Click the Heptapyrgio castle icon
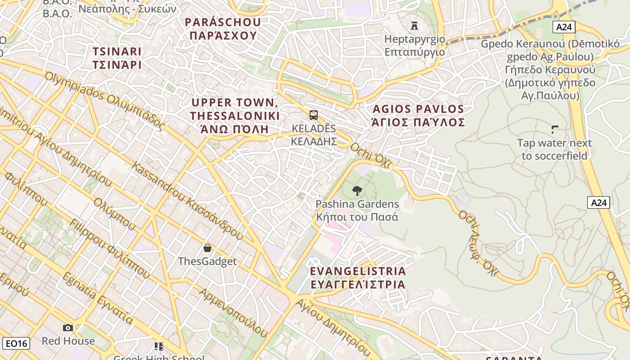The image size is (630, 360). (x=414, y=25)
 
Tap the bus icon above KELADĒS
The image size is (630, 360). (x=314, y=115)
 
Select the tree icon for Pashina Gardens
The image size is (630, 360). (x=357, y=191)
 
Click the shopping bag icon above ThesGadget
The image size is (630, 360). (x=207, y=248)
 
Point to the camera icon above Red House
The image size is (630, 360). (x=68, y=328)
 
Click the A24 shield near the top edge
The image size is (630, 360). (x=563, y=27)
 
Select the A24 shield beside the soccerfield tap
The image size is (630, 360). (x=598, y=203)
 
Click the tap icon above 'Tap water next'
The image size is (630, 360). (x=555, y=130)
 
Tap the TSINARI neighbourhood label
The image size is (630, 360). (x=117, y=58)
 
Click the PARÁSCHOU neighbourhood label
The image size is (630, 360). (x=223, y=29)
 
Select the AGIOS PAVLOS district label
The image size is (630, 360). (x=418, y=116)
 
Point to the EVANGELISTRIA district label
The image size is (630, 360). (x=358, y=278)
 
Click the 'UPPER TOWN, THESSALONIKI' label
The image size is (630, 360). (x=234, y=116)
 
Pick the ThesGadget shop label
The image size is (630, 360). (x=207, y=261)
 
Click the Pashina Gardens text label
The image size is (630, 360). (x=357, y=210)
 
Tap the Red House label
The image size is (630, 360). (x=68, y=341)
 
